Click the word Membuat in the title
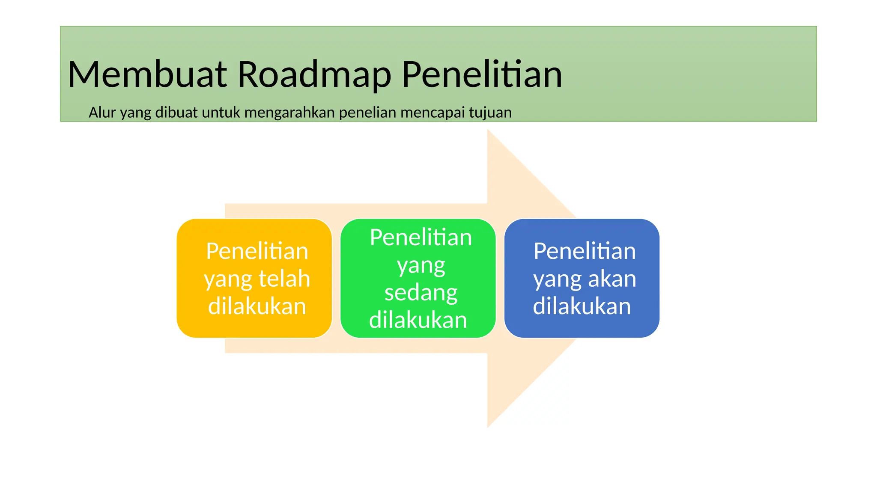[x=147, y=74]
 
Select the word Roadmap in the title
[x=314, y=74]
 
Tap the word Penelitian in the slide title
[x=482, y=74]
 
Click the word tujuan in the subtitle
[x=490, y=113]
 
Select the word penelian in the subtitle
[x=368, y=113]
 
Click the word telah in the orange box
[x=284, y=279]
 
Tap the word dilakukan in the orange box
[x=257, y=306]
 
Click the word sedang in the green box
[x=421, y=293]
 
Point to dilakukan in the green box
[x=418, y=320]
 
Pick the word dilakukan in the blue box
[x=582, y=306]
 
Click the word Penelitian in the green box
[x=421, y=238]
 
